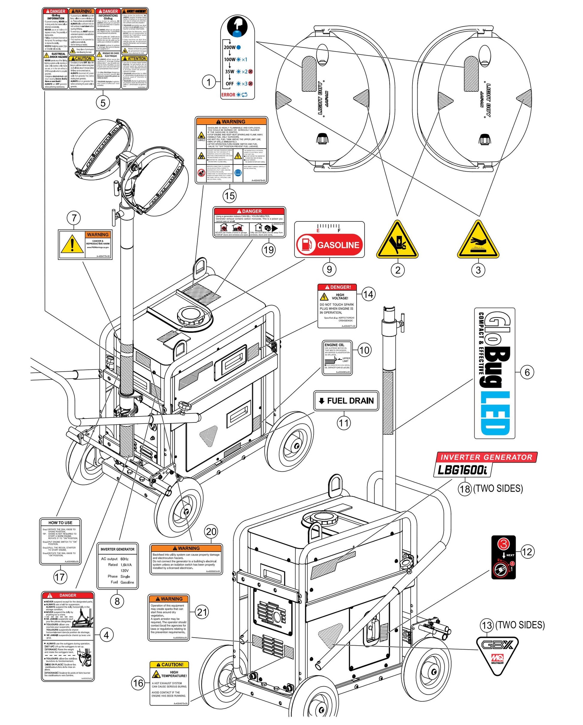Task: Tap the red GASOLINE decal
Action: tap(330, 245)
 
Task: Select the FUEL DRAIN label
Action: tap(346, 401)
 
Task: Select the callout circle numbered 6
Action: tap(527, 372)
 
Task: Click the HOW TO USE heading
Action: tap(60, 522)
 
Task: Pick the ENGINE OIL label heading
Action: tap(334, 345)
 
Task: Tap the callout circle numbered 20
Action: tap(211, 532)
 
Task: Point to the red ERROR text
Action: tap(228, 95)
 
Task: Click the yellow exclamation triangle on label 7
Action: tap(72, 244)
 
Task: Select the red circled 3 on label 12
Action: tap(503, 543)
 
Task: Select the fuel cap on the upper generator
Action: tap(191, 316)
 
